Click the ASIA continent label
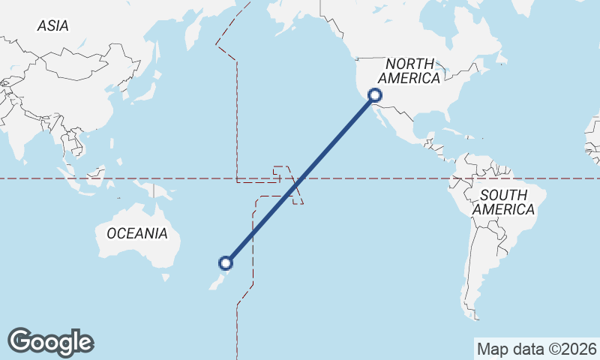[x=52, y=25]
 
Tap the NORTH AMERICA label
[x=409, y=70]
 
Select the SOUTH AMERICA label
[x=502, y=202]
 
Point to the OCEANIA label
[x=137, y=234]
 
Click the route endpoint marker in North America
[x=375, y=95]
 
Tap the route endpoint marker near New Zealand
[x=225, y=262]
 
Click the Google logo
[x=50, y=342]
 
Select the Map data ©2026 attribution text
[x=537, y=349]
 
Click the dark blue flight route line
[x=300, y=179]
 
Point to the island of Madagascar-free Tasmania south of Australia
[x=166, y=277]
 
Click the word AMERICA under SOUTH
[x=502, y=210]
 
